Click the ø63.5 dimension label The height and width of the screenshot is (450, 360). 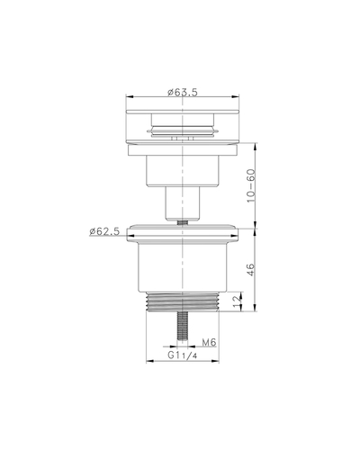tap(183, 93)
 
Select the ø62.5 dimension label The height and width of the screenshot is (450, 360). tap(104, 231)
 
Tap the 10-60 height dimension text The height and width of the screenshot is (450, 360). tap(251, 185)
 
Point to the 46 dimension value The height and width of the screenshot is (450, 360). tap(251, 269)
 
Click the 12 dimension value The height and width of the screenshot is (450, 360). tap(238, 302)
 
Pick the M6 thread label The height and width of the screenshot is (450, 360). tap(209, 342)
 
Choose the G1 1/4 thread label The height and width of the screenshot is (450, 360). tap(183, 355)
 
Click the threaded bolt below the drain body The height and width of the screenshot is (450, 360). tap(182, 326)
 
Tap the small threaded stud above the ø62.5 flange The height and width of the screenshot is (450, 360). tap(183, 222)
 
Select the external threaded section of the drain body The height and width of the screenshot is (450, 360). tap(183, 302)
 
